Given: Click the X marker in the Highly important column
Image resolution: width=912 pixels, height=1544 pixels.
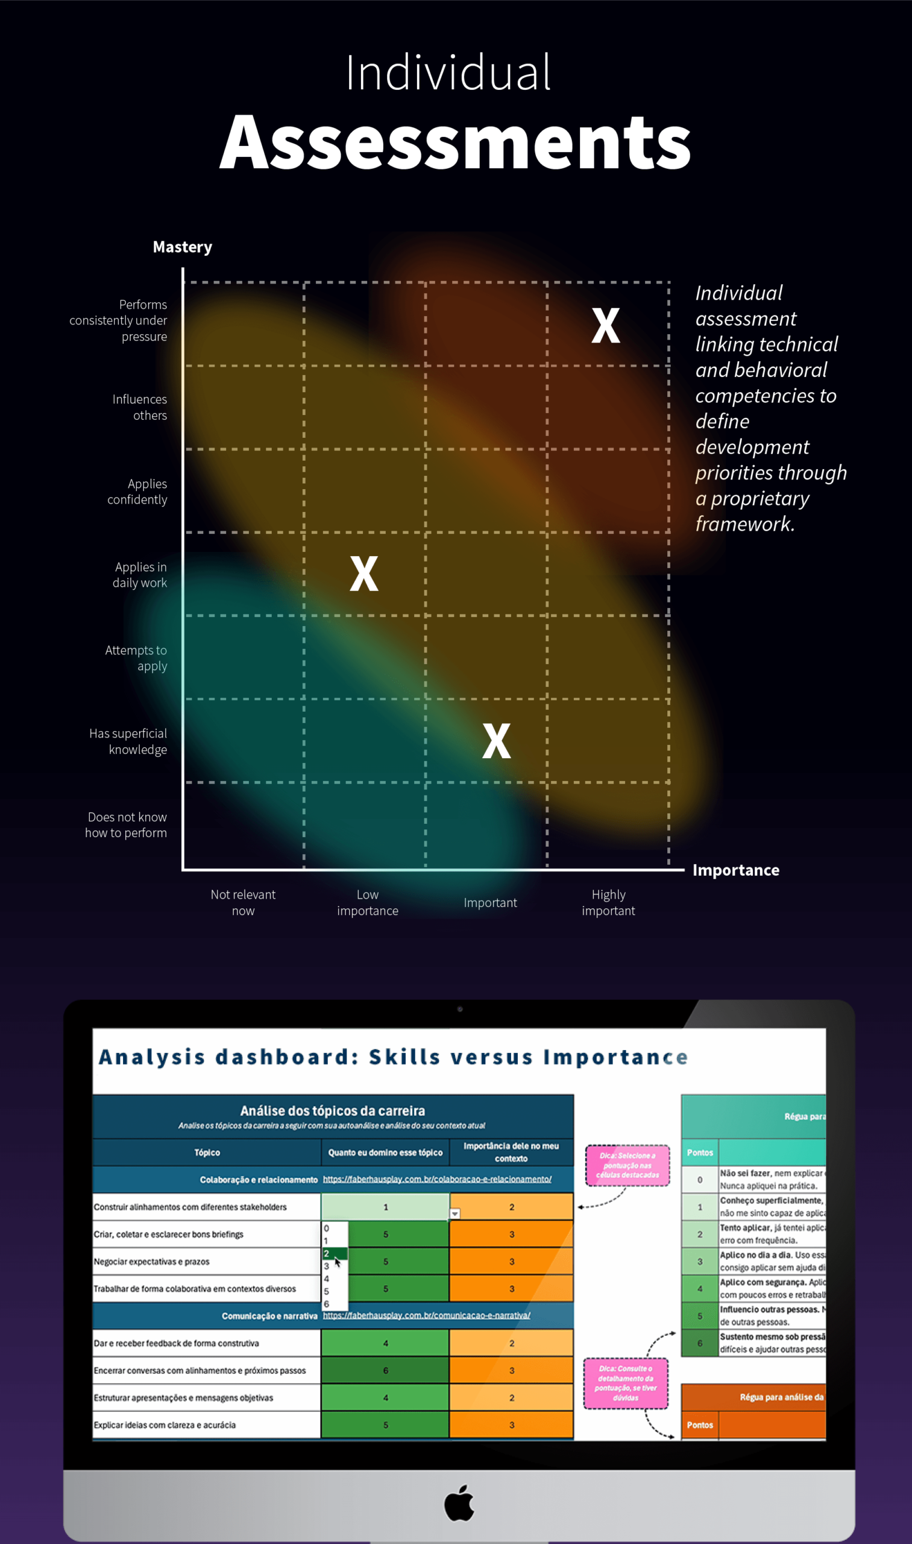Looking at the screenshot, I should (605, 325).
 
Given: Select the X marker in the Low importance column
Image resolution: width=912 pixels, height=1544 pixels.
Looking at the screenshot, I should (364, 574).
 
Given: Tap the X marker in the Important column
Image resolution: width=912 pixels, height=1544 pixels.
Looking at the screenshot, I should (496, 741).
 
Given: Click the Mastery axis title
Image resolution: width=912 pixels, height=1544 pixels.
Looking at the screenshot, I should (183, 247).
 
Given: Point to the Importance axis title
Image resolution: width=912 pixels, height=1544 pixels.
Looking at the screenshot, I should (735, 870).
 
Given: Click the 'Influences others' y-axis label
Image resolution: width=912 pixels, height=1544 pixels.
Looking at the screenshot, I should (139, 407).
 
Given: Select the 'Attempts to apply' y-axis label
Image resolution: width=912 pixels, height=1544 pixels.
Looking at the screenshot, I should (136, 658).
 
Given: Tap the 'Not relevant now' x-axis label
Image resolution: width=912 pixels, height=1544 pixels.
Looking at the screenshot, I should (243, 902).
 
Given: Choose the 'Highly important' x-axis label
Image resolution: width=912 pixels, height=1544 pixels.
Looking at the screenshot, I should (608, 902).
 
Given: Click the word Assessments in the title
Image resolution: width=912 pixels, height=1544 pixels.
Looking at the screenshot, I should (455, 143).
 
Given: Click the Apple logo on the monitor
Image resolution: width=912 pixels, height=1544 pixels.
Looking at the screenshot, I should (459, 1503).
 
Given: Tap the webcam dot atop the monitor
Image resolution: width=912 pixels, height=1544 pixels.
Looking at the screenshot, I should (460, 1009).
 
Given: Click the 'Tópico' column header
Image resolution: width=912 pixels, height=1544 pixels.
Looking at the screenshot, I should (207, 1153).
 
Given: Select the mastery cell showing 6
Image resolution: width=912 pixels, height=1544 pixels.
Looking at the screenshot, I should (385, 1370).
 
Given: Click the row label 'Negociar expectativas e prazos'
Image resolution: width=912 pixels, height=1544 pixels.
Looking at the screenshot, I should (152, 1262).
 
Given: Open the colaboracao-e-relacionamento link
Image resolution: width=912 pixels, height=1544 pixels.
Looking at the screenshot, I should (437, 1179).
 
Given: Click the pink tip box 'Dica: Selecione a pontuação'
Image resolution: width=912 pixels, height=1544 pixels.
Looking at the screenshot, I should (627, 1165).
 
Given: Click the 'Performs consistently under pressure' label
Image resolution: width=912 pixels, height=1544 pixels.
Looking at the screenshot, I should (119, 320).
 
